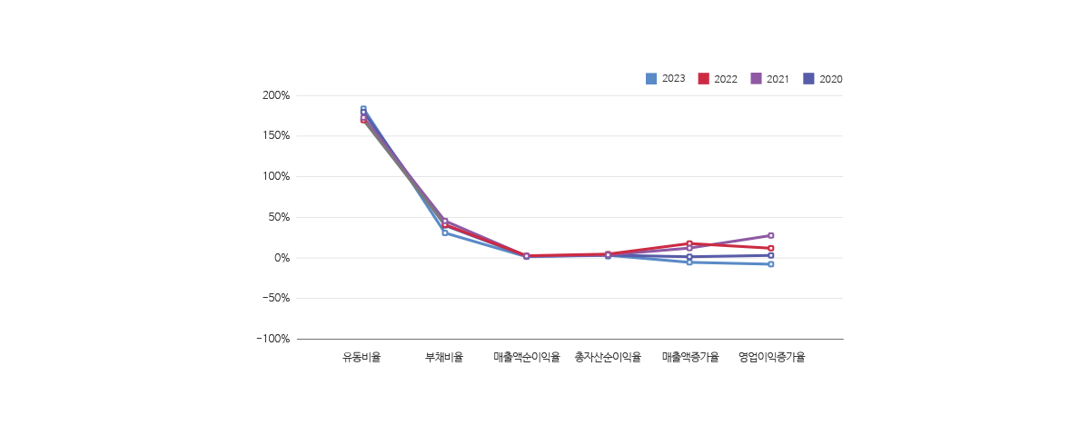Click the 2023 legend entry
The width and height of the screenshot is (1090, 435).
click(x=666, y=79)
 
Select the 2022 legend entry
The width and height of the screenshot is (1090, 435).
click(x=718, y=79)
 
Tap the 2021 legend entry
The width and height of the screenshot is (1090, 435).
click(x=770, y=79)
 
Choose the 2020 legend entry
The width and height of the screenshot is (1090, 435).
click(x=823, y=79)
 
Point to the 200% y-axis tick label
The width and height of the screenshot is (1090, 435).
click(x=275, y=95)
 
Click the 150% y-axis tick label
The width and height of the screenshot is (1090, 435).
click(x=275, y=136)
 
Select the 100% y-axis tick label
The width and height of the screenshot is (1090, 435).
click(x=275, y=176)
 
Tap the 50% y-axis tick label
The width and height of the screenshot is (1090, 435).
click(x=278, y=217)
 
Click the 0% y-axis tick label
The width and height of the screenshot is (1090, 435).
click(x=281, y=258)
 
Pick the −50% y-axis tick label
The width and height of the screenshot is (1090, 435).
click(x=274, y=298)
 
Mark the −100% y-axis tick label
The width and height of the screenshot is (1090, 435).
click(x=272, y=339)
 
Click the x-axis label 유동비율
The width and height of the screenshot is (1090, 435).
click(x=362, y=358)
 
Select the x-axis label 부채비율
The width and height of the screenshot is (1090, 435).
click(x=444, y=358)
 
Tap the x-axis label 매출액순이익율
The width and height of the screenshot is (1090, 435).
click(x=526, y=358)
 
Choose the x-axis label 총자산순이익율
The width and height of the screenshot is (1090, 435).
click(x=608, y=358)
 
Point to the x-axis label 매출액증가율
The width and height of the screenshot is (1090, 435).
click(x=689, y=358)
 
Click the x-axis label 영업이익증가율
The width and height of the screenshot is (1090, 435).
click(x=771, y=358)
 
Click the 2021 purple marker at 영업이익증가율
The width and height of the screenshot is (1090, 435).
click(x=771, y=235)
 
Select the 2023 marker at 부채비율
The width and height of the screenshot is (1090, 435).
click(x=445, y=233)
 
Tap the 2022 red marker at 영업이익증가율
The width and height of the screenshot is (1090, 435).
click(x=771, y=248)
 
